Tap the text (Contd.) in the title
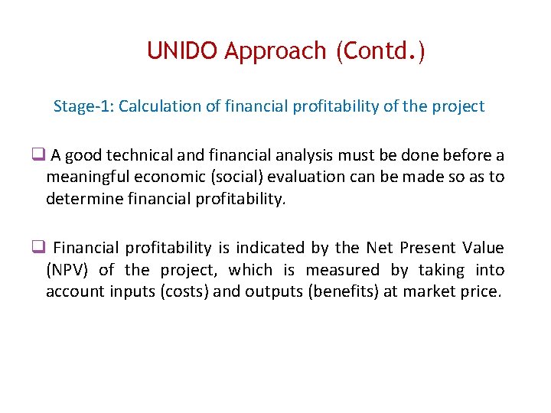pos(380,51)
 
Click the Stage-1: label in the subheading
pos(83,106)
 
